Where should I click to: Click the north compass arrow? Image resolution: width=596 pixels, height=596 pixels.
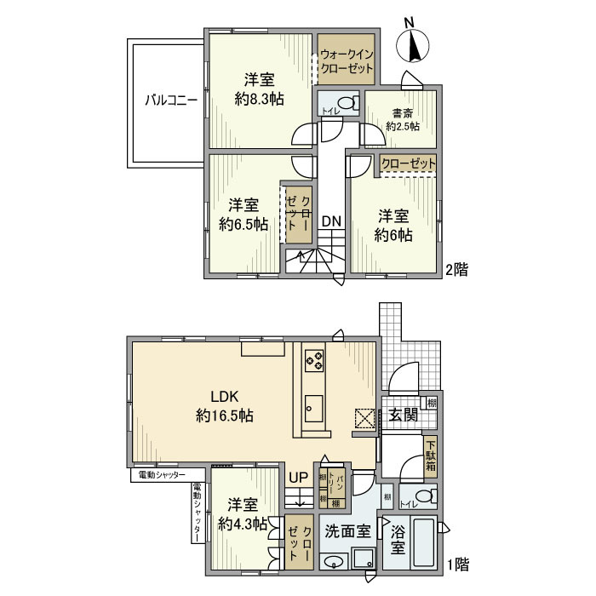[415, 46]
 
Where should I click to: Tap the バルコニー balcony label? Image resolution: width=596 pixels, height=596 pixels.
[170, 100]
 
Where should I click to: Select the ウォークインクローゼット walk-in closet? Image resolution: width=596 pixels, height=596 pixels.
[346, 59]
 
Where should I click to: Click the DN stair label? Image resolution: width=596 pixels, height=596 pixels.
[331, 221]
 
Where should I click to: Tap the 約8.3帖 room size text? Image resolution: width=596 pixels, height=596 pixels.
[259, 99]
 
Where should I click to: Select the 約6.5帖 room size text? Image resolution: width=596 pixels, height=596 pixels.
[244, 225]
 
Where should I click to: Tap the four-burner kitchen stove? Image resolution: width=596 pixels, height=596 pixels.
[312, 360]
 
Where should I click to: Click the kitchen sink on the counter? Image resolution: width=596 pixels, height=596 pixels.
[312, 405]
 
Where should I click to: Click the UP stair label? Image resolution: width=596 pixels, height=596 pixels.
[298, 478]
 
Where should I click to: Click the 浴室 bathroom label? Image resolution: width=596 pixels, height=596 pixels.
[398, 541]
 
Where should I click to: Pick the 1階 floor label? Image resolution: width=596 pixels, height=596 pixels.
[458, 564]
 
